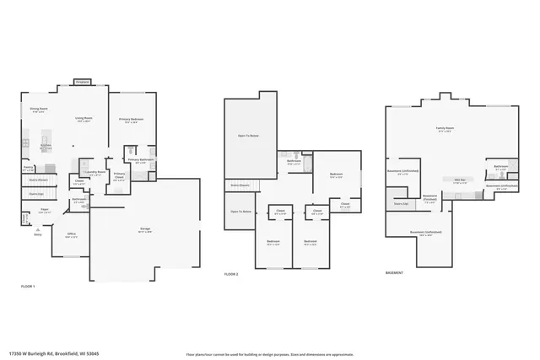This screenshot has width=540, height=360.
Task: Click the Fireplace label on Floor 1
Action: tap(82, 82)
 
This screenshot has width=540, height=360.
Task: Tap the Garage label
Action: tap(145, 229)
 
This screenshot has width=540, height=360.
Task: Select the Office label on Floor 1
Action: tap(72, 234)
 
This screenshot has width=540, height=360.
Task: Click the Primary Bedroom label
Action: tap(132, 120)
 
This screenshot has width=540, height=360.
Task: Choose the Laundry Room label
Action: tap(96, 173)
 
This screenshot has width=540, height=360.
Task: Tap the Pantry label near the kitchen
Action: tap(28, 168)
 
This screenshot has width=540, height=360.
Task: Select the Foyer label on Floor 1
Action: tap(44, 211)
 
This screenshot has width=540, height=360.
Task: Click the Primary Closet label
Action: tap(120, 177)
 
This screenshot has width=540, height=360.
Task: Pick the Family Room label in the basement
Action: tap(443, 129)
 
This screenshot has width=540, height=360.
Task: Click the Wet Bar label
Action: tap(461, 180)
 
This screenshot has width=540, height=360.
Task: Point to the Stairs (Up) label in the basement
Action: tap(401, 203)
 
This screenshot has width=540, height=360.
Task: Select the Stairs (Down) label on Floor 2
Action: tap(240, 185)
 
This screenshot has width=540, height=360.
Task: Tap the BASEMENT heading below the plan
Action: tap(394, 272)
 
